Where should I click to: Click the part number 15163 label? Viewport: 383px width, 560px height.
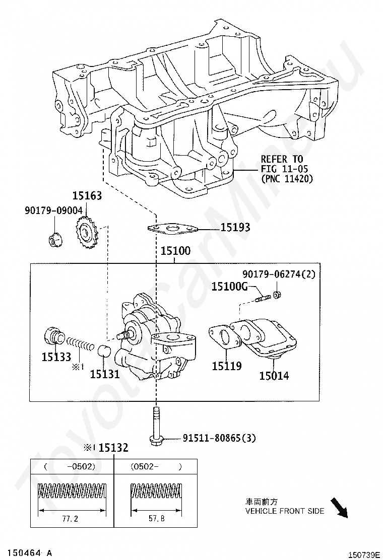tap(87, 195)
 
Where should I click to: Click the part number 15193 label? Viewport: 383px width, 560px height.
tap(235, 227)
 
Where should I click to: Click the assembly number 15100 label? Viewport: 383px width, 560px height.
tap(175, 251)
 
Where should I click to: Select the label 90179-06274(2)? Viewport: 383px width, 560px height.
tap(279, 274)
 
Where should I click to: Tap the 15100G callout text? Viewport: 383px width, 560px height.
tap(230, 286)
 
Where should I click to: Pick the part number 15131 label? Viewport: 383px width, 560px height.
tap(105, 374)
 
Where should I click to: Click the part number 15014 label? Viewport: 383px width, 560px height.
tap(274, 376)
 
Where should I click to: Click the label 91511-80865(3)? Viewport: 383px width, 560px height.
tap(219, 438)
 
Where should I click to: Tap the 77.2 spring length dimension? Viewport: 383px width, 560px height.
tap(70, 518)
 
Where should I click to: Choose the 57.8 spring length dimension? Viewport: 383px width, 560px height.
tap(157, 518)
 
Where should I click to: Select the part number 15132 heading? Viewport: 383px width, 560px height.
tap(113, 448)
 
